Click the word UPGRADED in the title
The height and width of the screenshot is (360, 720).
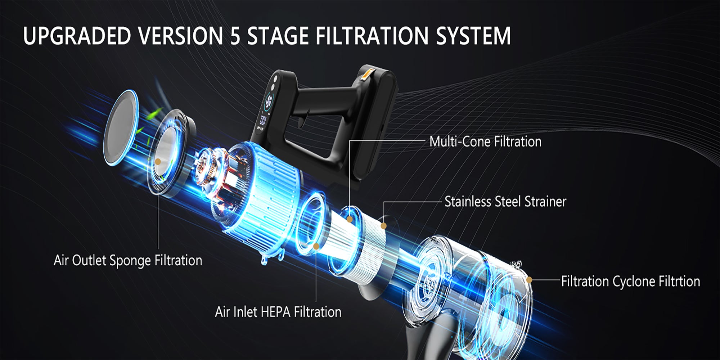tap(77, 36)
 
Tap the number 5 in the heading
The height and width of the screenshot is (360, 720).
tap(235, 36)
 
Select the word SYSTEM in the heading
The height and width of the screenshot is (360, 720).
tap(473, 36)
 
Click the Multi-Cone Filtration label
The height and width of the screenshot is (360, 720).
tap(485, 141)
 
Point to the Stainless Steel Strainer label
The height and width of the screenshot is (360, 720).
tap(505, 202)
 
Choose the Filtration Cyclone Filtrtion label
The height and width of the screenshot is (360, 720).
tap(631, 281)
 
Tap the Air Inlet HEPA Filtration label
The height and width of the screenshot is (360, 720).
tap(278, 312)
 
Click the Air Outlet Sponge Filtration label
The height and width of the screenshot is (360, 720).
tap(128, 260)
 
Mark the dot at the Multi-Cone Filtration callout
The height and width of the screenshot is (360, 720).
tap(349, 219)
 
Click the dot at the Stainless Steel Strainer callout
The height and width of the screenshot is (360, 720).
tap(383, 226)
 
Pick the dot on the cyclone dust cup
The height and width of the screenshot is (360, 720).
tap(529, 280)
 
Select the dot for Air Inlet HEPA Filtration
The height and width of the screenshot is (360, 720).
tap(316, 246)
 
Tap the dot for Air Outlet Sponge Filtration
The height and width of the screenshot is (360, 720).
tap(158, 162)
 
